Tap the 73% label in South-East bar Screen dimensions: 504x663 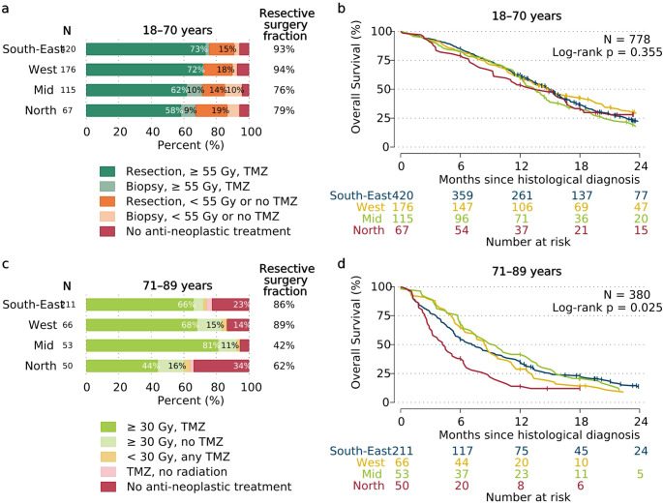(x=199, y=48)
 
